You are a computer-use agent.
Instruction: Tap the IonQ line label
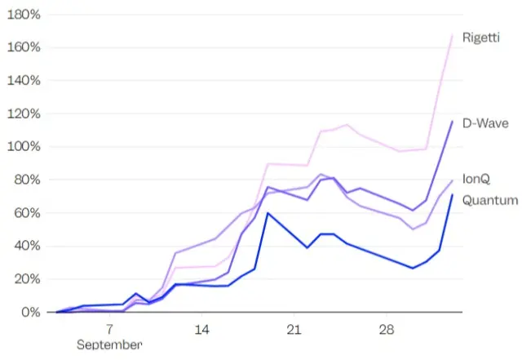click(x=476, y=179)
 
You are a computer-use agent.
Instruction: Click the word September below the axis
click(x=109, y=344)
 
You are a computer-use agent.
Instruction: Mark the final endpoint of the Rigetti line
click(x=453, y=34)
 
